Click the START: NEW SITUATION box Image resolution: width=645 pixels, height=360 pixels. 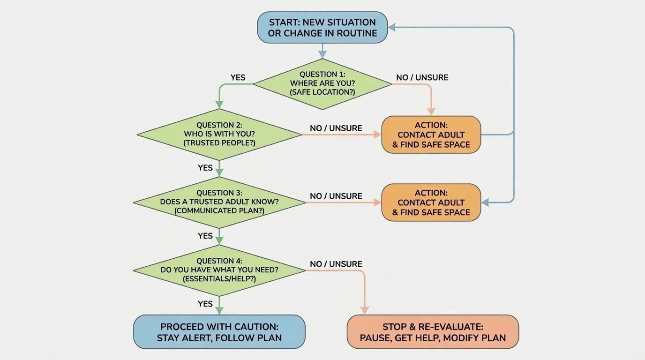point(322,28)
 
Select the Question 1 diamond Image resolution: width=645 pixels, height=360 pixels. point(322,83)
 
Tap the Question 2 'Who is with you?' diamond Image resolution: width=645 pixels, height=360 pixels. point(219,135)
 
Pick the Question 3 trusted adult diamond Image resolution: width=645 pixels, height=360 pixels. point(219,202)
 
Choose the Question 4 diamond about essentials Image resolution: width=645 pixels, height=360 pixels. point(219,270)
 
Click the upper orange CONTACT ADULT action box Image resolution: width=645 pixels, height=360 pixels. point(431,135)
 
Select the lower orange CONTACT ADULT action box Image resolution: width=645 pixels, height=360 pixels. point(431,202)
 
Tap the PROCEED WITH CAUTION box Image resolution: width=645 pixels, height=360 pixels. point(219,332)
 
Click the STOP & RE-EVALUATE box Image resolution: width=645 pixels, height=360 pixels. point(433,332)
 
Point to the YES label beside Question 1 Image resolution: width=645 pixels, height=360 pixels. point(238,78)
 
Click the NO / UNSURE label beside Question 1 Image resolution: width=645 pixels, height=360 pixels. point(422,78)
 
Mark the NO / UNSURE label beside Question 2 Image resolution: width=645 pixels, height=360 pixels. point(336,128)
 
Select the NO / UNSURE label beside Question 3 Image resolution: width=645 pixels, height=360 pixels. point(336,196)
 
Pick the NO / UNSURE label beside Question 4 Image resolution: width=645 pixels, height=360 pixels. point(336,264)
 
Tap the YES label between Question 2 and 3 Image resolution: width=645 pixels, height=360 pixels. point(205,168)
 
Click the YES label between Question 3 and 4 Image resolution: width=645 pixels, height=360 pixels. point(205,236)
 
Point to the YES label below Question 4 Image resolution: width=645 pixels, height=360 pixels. point(205,304)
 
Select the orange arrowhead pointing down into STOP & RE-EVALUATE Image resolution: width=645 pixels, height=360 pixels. point(364,310)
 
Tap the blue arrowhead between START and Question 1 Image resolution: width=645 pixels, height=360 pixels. point(322,55)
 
